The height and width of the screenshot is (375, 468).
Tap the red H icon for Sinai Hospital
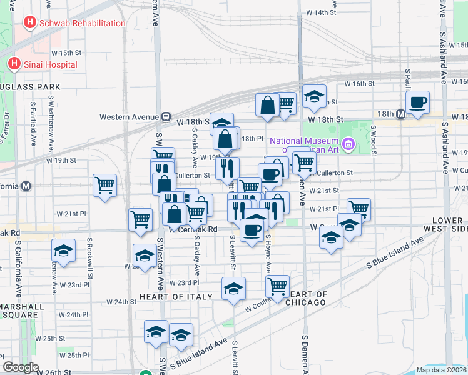click(13, 64)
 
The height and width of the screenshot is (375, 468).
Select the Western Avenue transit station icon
click(166, 116)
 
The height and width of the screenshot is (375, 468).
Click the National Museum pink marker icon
click(349, 145)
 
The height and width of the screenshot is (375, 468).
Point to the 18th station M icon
click(400, 113)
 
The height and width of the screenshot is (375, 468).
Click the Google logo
click(21, 367)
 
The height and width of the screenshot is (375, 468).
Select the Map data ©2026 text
click(441, 370)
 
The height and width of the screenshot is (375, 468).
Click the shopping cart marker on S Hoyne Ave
click(277, 287)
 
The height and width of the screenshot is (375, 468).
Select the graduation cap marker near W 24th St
click(233, 289)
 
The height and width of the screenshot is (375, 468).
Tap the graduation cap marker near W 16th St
click(314, 96)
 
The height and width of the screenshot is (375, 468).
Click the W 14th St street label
click(320, 12)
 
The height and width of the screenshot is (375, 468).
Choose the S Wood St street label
click(373, 136)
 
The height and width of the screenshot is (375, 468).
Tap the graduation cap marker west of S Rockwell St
click(63, 251)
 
